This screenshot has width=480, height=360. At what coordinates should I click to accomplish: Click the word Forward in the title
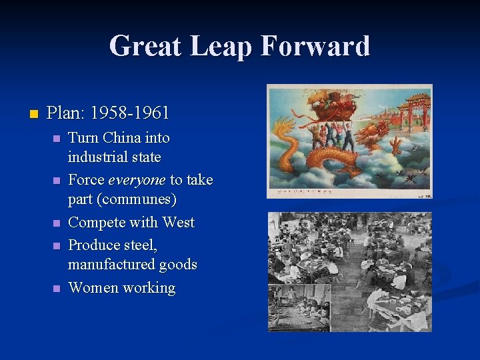[315, 47]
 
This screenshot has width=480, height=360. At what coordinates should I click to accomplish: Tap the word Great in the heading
[145, 47]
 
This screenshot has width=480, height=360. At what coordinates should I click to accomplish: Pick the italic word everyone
[137, 179]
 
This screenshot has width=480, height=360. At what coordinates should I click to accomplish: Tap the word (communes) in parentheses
[141, 199]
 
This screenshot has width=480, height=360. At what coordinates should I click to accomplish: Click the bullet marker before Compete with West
[57, 223]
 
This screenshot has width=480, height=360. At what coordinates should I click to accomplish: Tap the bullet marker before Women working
[57, 288]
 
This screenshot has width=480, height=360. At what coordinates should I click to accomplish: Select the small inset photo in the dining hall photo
[299, 307]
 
